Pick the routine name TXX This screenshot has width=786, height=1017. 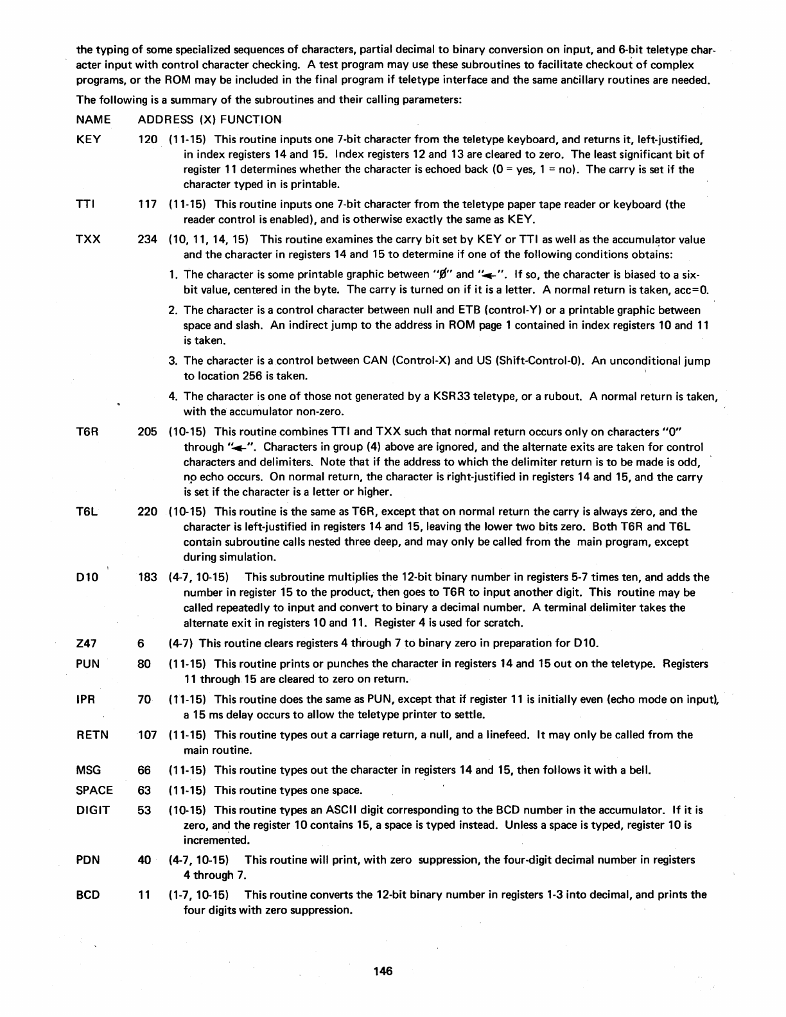click(87, 240)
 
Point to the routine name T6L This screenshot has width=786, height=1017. click(86, 512)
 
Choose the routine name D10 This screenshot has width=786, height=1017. click(87, 577)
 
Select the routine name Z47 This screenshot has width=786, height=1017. click(86, 643)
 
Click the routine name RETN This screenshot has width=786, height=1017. click(91, 734)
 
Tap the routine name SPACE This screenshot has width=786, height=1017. click(94, 790)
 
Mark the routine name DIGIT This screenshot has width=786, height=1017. click(92, 810)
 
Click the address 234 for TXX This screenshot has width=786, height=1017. click(148, 240)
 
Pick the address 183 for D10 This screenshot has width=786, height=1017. click(148, 577)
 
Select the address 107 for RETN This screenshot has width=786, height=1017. click(148, 734)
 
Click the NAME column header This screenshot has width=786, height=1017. click(93, 120)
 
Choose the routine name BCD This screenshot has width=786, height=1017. click(88, 895)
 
